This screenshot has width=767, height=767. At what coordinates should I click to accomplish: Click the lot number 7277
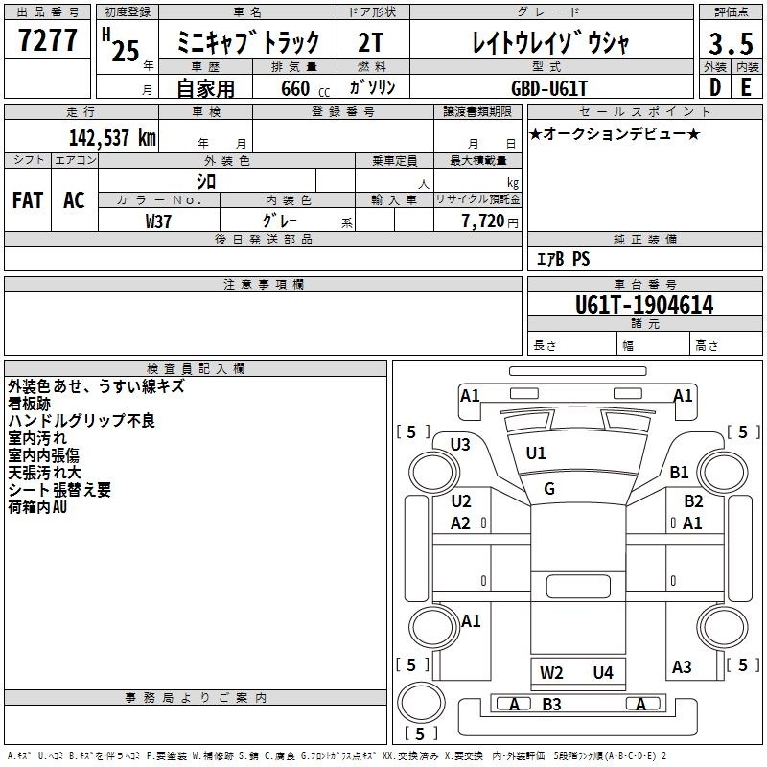coord(47,40)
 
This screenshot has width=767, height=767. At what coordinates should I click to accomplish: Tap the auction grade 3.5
coord(731,43)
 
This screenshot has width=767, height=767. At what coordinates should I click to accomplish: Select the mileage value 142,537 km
coord(112,138)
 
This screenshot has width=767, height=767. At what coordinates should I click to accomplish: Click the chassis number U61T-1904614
coord(644,305)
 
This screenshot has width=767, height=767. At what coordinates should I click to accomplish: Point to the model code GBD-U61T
coord(548,88)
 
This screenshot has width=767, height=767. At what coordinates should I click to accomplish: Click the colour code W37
coord(158,221)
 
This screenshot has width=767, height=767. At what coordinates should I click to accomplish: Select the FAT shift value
coord(28,200)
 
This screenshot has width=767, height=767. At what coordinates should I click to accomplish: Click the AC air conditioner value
coord(74,200)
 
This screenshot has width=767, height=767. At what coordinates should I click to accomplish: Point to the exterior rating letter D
coord(715,87)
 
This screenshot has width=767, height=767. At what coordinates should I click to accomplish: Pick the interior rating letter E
coord(746,87)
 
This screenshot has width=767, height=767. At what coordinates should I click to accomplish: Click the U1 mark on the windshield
coord(536,453)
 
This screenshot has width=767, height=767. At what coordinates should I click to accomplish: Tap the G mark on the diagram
coord(549,488)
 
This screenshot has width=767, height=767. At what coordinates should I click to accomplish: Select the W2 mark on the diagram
coord(551,673)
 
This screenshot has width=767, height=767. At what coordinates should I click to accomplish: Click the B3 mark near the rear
coord(551,705)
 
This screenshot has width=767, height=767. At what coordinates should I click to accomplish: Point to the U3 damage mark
coord(460,445)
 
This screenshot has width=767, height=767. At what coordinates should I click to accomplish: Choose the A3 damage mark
coord(682,666)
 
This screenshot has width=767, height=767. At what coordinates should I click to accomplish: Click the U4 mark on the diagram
coord(603,673)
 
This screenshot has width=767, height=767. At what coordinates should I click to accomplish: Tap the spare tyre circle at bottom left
coord(421,702)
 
